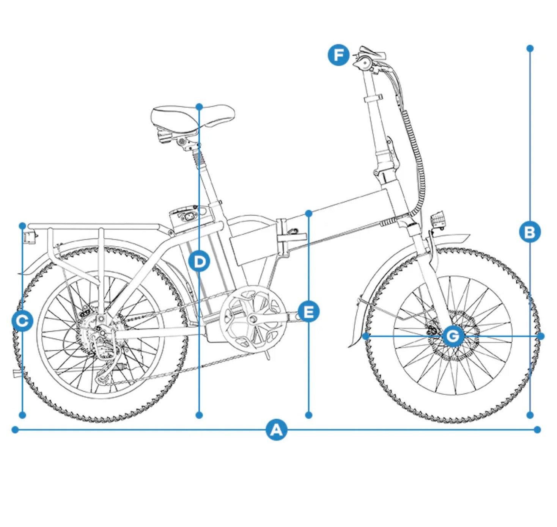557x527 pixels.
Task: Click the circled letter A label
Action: pyautogui.click(x=276, y=430)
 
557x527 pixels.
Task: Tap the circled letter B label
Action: pyautogui.click(x=530, y=232)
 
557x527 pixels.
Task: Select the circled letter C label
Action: pyautogui.click(x=23, y=321)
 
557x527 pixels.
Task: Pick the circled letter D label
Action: pyautogui.click(x=199, y=262)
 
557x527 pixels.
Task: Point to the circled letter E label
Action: pyautogui.click(x=308, y=312)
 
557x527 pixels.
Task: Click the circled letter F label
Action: pyautogui.click(x=338, y=55)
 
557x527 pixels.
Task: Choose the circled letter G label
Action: pyautogui.click(x=453, y=336)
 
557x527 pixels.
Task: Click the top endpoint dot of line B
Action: pyautogui.click(x=530, y=48)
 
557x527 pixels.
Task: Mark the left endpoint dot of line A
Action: pyautogui.click(x=15, y=430)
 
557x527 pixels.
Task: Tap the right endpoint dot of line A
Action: pyautogui.click(x=537, y=430)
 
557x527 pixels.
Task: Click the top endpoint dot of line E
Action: pyautogui.click(x=308, y=213)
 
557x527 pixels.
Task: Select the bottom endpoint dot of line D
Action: pyautogui.click(x=199, y=415)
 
